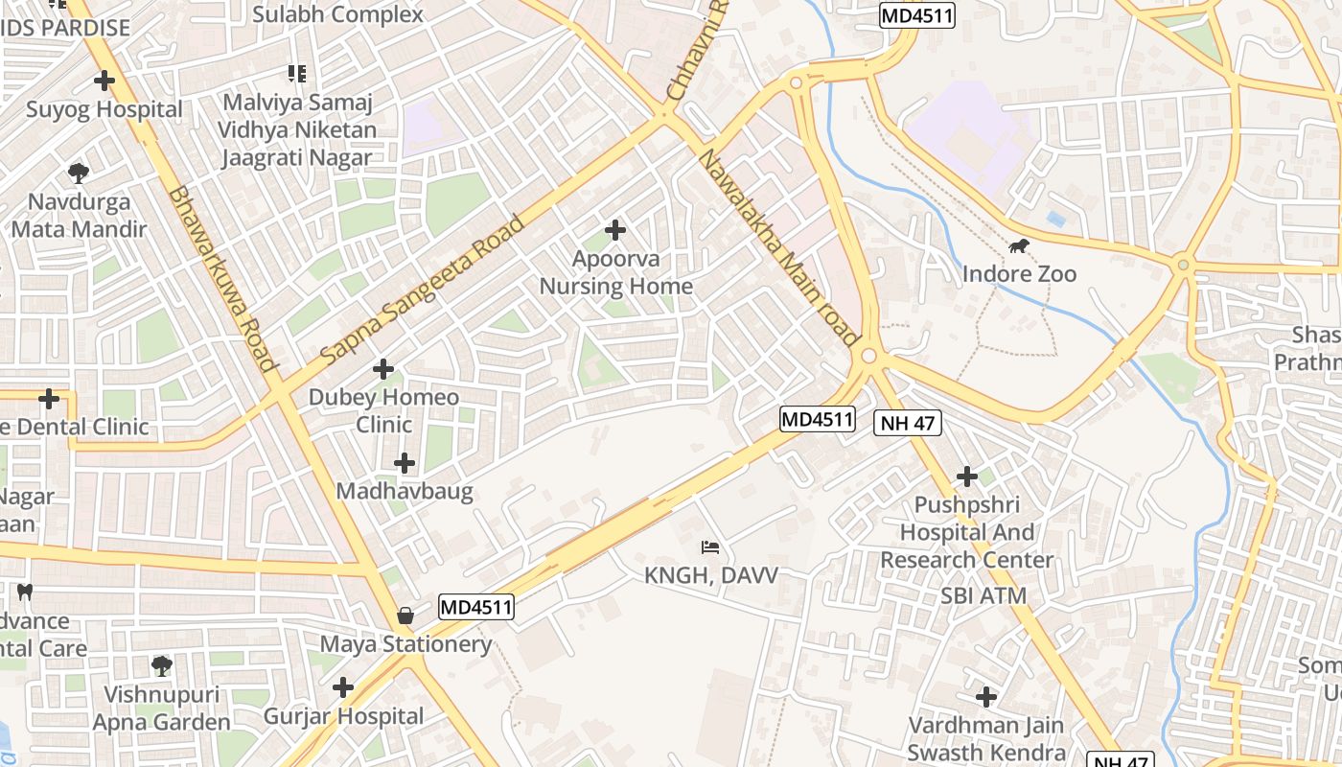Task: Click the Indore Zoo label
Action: point(1019,274)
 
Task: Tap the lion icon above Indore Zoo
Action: point(1019,247)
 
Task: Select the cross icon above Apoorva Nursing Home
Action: point(615,230)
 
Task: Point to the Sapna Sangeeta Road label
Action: point(423,290)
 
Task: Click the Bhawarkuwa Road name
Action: point(222,278)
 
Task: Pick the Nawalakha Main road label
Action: point(778,247)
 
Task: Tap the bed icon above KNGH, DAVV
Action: point(710,547)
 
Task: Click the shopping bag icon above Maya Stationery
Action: point(405,616)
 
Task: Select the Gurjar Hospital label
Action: point(343,716)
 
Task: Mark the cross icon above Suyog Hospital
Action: point(104,81)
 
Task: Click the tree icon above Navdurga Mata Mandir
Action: point(78,174)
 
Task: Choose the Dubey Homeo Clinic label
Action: point(383,410)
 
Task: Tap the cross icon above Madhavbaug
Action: point(405,464)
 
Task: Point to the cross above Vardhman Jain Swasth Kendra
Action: point(985,697)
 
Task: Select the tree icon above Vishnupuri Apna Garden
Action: point(162,665)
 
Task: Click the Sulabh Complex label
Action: point(337,14)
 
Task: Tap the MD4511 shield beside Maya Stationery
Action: point(476,607)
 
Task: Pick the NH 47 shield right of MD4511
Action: point(907,422)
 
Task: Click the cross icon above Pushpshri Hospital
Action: point(967,476)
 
